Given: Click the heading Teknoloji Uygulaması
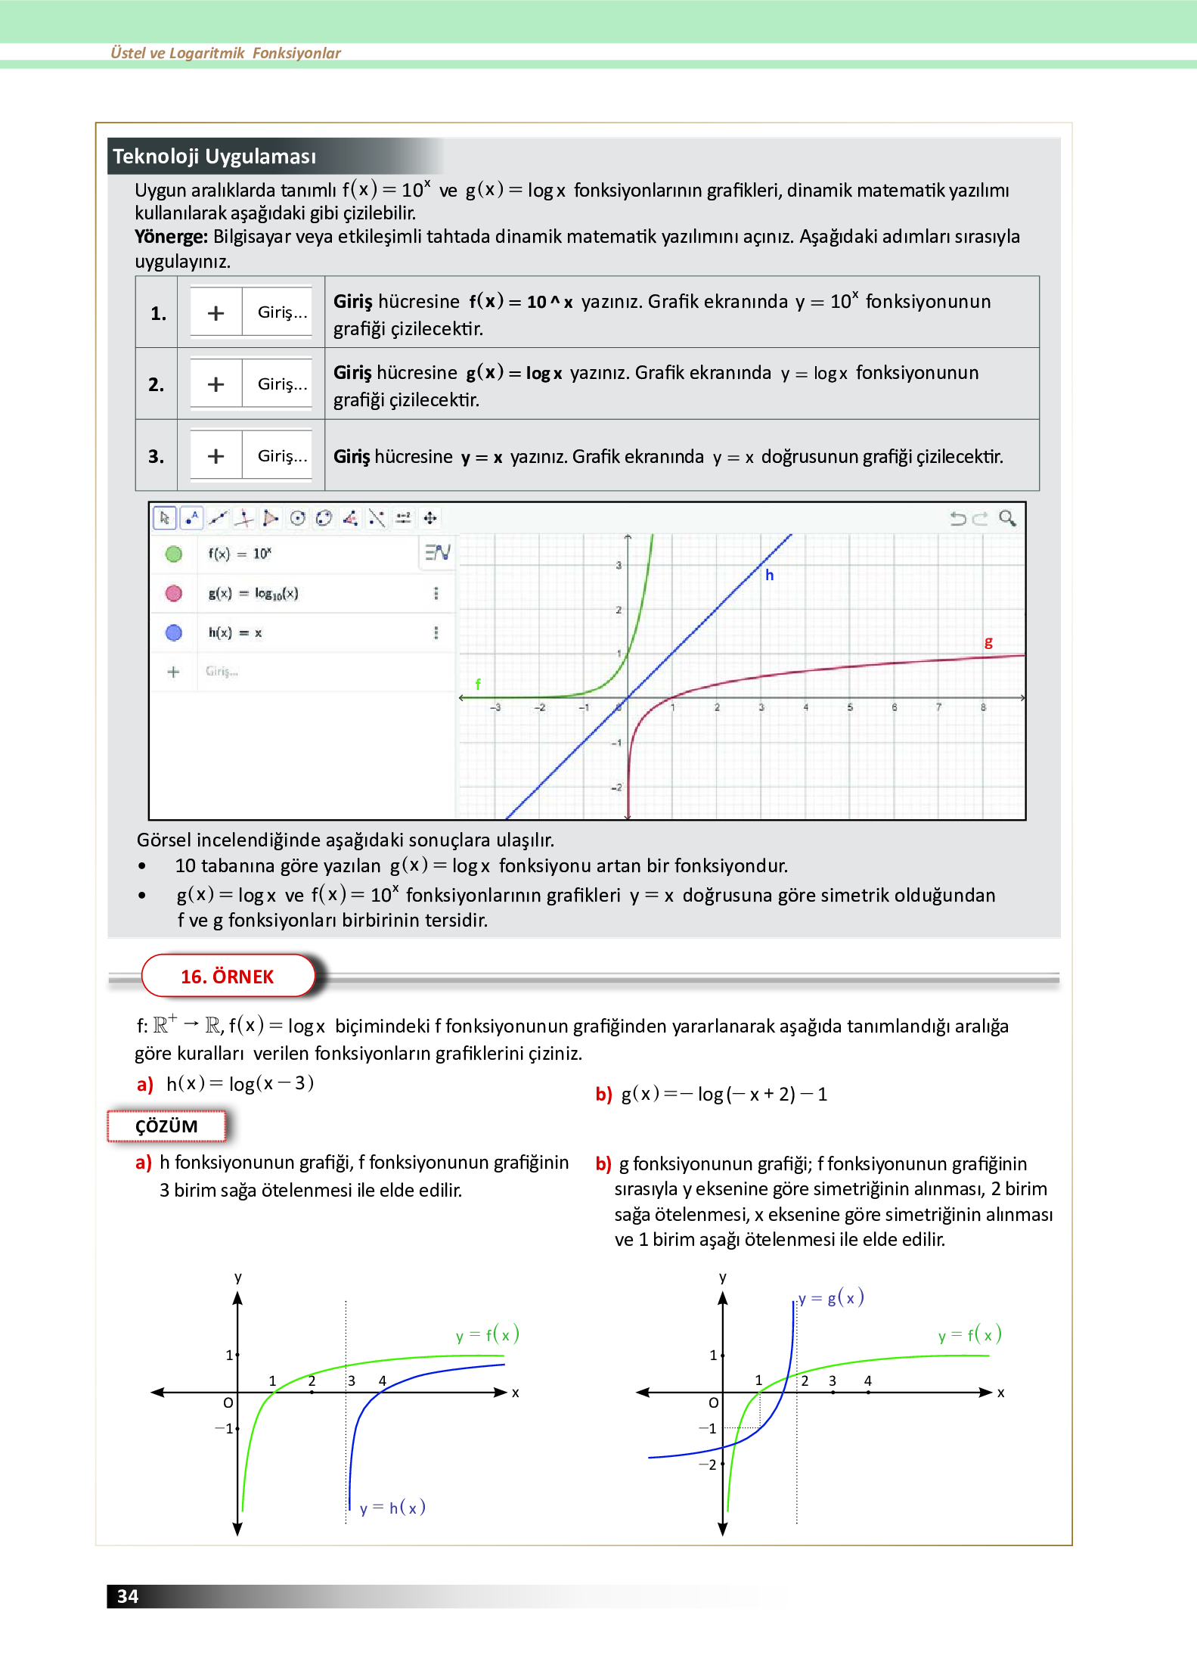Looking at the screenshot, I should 214,157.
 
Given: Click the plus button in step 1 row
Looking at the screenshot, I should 216,312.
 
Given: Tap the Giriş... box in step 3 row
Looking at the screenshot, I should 281,456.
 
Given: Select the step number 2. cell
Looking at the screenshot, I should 156,384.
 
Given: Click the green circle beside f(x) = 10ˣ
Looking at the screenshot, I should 174,554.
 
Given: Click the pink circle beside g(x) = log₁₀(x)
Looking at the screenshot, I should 174,593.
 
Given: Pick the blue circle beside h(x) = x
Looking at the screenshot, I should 174,632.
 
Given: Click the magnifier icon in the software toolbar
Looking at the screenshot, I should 1007,518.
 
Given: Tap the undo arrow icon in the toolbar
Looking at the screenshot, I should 958,518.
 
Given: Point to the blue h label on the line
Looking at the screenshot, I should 769,575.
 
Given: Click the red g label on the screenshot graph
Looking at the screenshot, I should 988,642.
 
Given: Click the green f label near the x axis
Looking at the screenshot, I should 478,684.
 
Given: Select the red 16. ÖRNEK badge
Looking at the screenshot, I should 227,977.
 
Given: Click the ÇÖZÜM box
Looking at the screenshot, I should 166,1126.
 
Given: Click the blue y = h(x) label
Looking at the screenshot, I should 392,1508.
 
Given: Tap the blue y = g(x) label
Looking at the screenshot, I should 831,1298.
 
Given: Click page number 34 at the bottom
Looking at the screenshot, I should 127,1596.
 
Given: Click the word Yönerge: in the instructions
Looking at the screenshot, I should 171,237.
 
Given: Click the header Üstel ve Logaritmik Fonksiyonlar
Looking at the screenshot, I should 225,53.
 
